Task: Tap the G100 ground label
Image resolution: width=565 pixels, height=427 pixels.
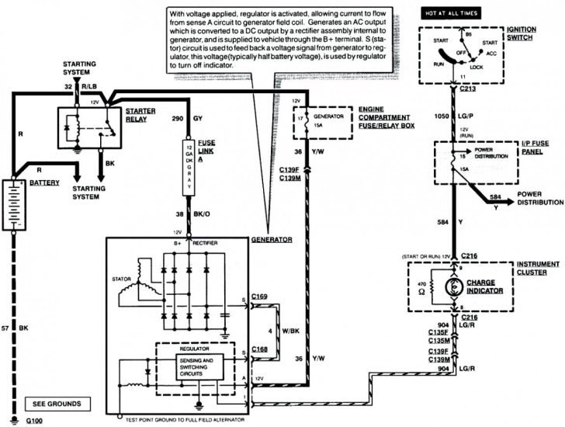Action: click(34, 421)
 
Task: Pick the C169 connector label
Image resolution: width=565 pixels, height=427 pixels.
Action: click(260, 296)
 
